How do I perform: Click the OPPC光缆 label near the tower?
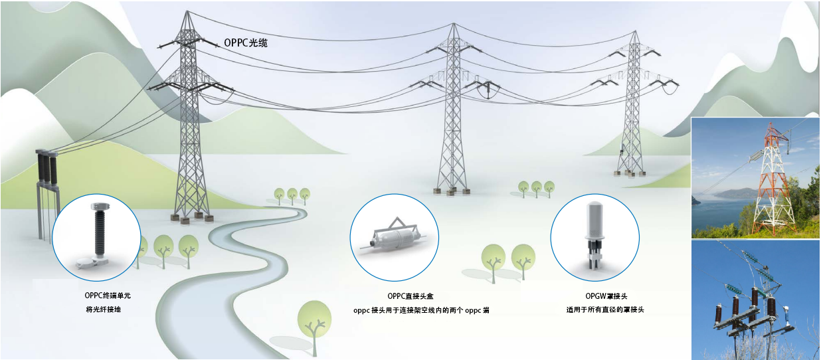point(246,43)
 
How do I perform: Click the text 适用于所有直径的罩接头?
point(604,310)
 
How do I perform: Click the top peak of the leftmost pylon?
point(187,13)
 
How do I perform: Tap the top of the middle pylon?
point(454,25)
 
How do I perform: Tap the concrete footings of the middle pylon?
point(452,192)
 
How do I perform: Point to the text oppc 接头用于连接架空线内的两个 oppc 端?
point(421,310)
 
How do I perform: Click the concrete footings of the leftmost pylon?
point(193,217)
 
